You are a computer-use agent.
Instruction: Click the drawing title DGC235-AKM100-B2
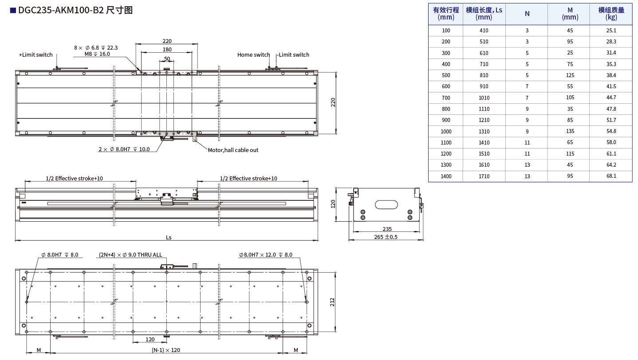tap(61, 10)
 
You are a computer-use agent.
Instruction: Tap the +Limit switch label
tap(36, 55)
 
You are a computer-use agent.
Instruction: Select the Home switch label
tap(253, 55)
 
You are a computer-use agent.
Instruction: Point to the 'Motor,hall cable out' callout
tap(233, 150)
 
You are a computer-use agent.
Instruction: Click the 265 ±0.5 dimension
tap(386, 237)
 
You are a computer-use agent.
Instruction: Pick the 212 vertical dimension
tap(332, 302)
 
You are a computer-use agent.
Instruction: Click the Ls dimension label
tap(169, 237)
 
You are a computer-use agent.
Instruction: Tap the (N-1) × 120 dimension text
tap(166, 350)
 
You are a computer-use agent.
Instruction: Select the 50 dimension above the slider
tap(167, 59)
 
